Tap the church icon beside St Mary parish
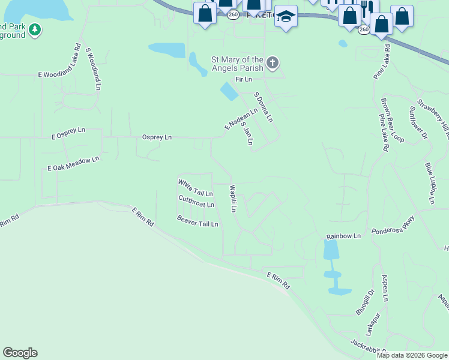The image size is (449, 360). coord(273,62)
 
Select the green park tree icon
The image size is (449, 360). coord(35,29)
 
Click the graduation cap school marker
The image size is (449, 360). coord(286,18)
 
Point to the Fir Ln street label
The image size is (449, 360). coord(243,79)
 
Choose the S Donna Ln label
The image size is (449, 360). coord(264,107)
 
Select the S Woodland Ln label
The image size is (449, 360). coord(92,69)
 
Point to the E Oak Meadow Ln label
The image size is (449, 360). coord(73,164)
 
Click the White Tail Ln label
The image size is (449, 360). coord(195,188)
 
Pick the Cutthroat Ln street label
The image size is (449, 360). coord(196,202)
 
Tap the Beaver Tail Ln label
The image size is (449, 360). coord(197,220)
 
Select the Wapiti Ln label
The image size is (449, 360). coord(233,199)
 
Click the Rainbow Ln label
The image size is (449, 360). coord(343,236)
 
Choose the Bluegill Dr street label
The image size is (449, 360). coord(364,302)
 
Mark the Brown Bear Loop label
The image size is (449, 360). coord(392,120)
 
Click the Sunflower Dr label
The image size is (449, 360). coord(418,123)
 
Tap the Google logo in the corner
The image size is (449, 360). coord(20,353)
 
